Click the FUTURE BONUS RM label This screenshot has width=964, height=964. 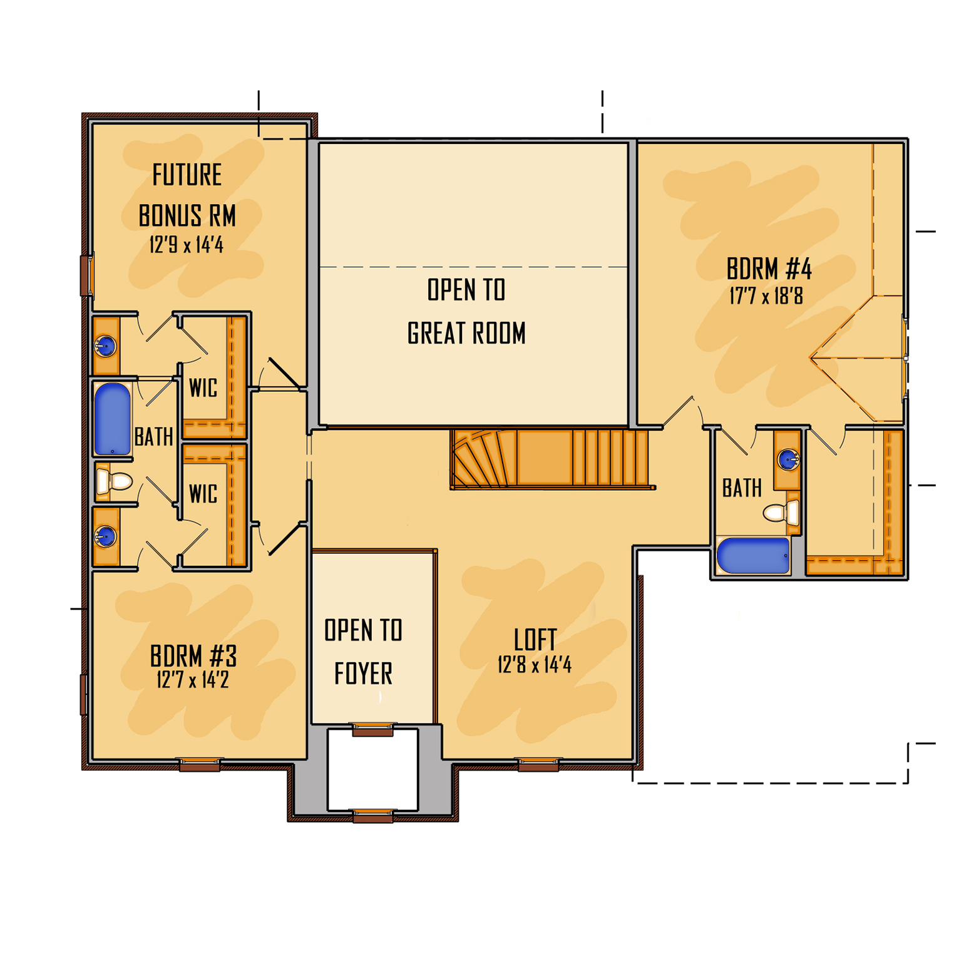[187, 195]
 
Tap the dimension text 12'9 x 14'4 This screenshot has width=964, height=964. [187, 245]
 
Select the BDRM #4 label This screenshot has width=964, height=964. [769, 269]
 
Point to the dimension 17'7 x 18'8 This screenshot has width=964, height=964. [766, 295]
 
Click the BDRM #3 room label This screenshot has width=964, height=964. [193, 656]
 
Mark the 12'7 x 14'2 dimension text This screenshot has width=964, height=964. [193, 680]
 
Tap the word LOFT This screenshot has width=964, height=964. [535, 640]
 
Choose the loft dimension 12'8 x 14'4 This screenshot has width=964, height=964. [535, 665]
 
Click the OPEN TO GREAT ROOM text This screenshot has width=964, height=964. [466, 311]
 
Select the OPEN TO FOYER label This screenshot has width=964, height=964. [363, 652]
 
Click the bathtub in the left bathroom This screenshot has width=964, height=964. [112, 419]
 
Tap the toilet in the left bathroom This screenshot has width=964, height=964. [115, 481]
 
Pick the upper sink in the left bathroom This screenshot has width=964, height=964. [105, 346]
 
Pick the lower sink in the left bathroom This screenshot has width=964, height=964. [105, 536]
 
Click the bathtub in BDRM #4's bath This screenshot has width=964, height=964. [754, 555]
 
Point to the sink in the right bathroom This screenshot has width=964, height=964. [787, 459]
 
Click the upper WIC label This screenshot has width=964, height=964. [203, 388]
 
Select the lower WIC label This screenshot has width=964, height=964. [203, 494]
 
